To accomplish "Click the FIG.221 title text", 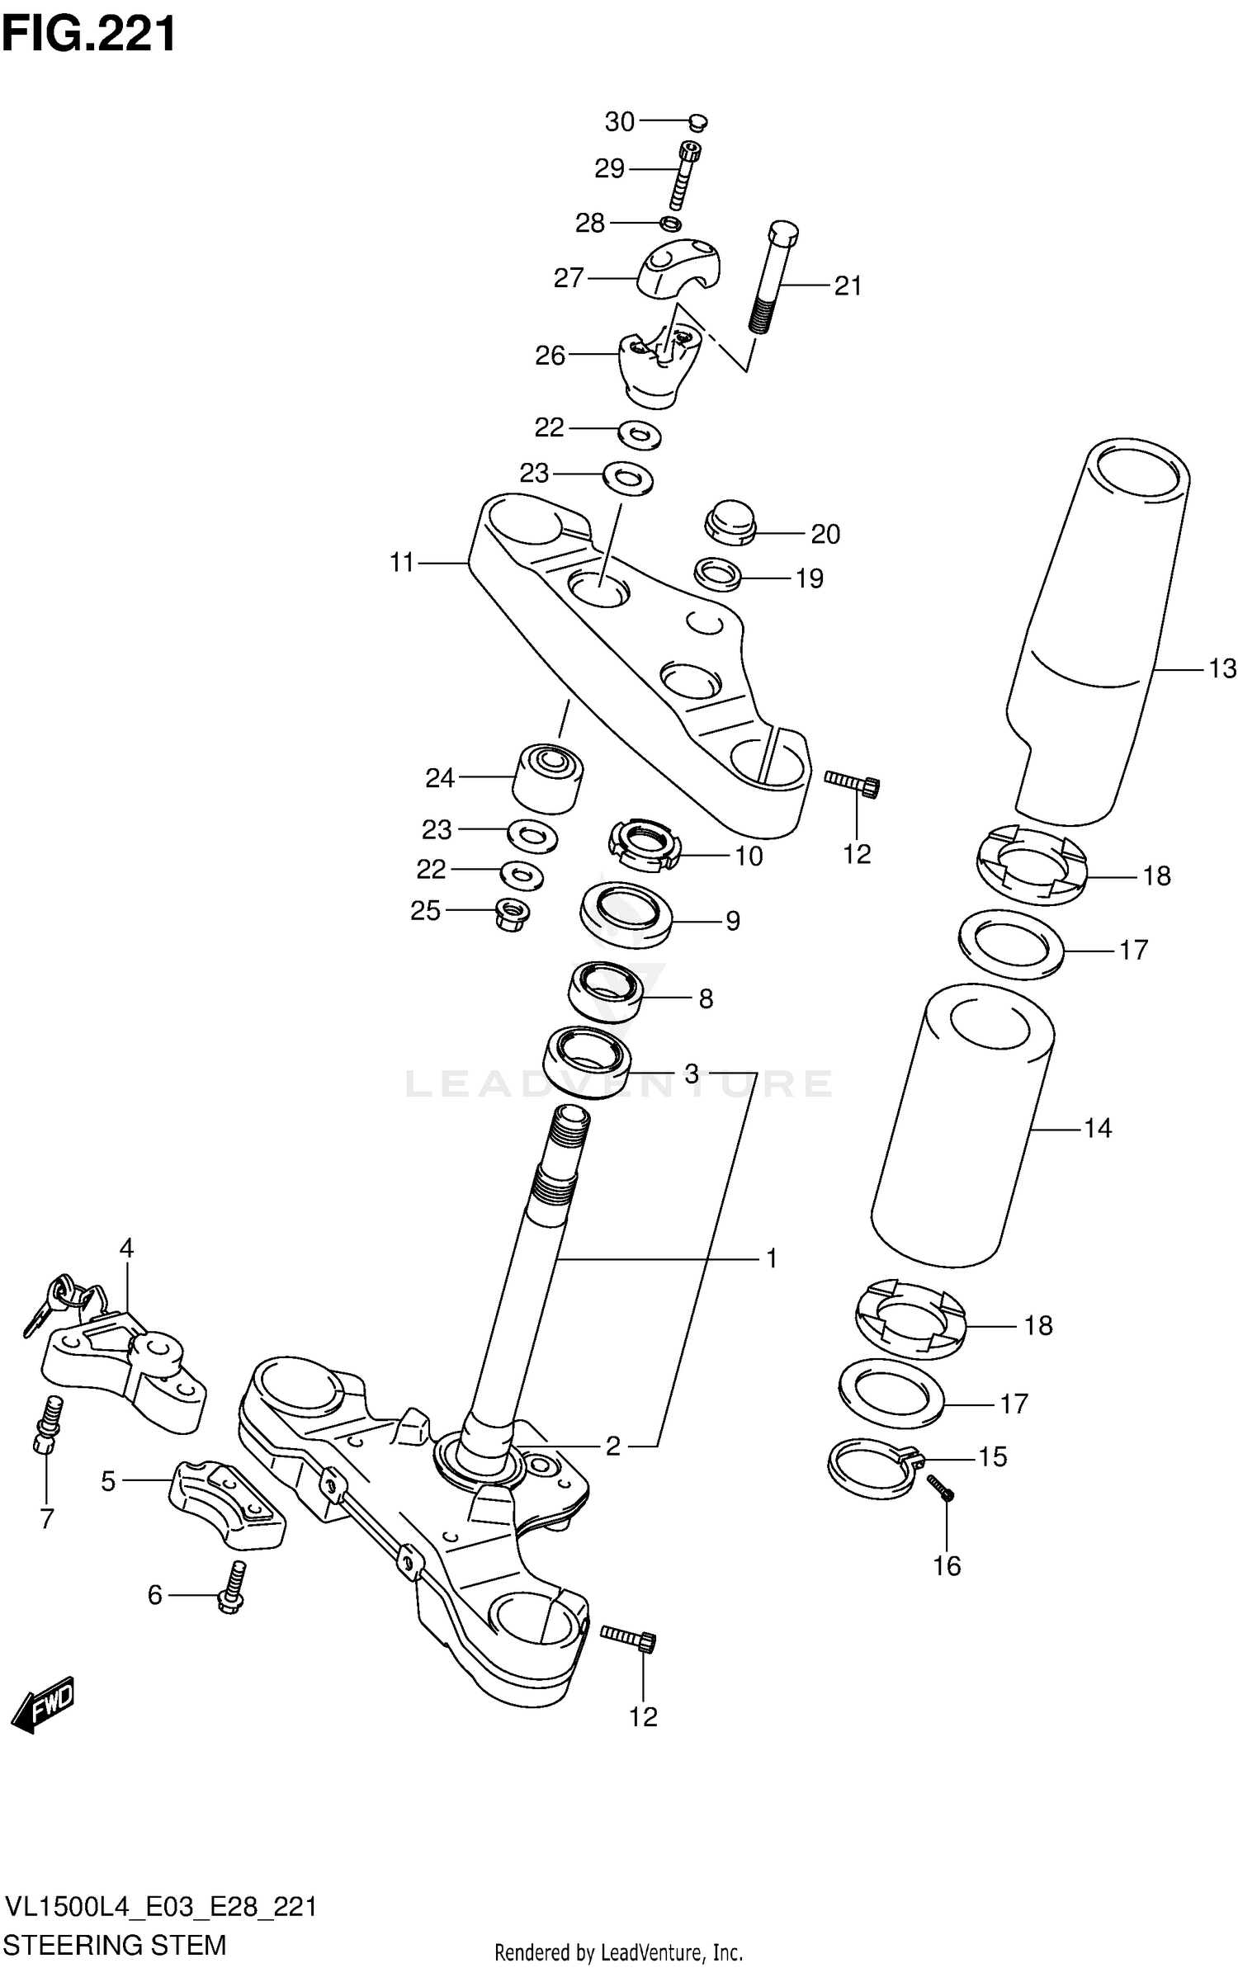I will click(x=89, y=35).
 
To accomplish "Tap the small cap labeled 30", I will click(x=698, y=123).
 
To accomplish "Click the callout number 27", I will click(x=569, y=279).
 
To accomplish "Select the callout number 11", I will click(x=402, y=563).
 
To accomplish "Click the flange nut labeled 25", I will click(x=512, y=913).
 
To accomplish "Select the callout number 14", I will click(x=1098, y=1127).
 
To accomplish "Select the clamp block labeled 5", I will click(x=227, y=1503).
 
